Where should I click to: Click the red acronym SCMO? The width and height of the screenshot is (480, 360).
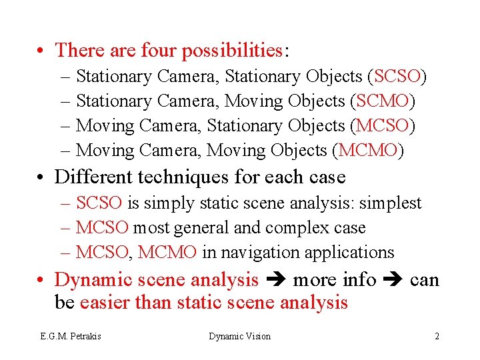383,101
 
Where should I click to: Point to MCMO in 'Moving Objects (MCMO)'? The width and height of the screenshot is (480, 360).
367,150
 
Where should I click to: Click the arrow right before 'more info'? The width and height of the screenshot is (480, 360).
276,280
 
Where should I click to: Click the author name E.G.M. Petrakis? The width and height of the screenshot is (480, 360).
69,336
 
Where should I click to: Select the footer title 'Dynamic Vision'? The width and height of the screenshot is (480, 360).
240,336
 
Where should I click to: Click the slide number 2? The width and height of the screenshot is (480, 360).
437,336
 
